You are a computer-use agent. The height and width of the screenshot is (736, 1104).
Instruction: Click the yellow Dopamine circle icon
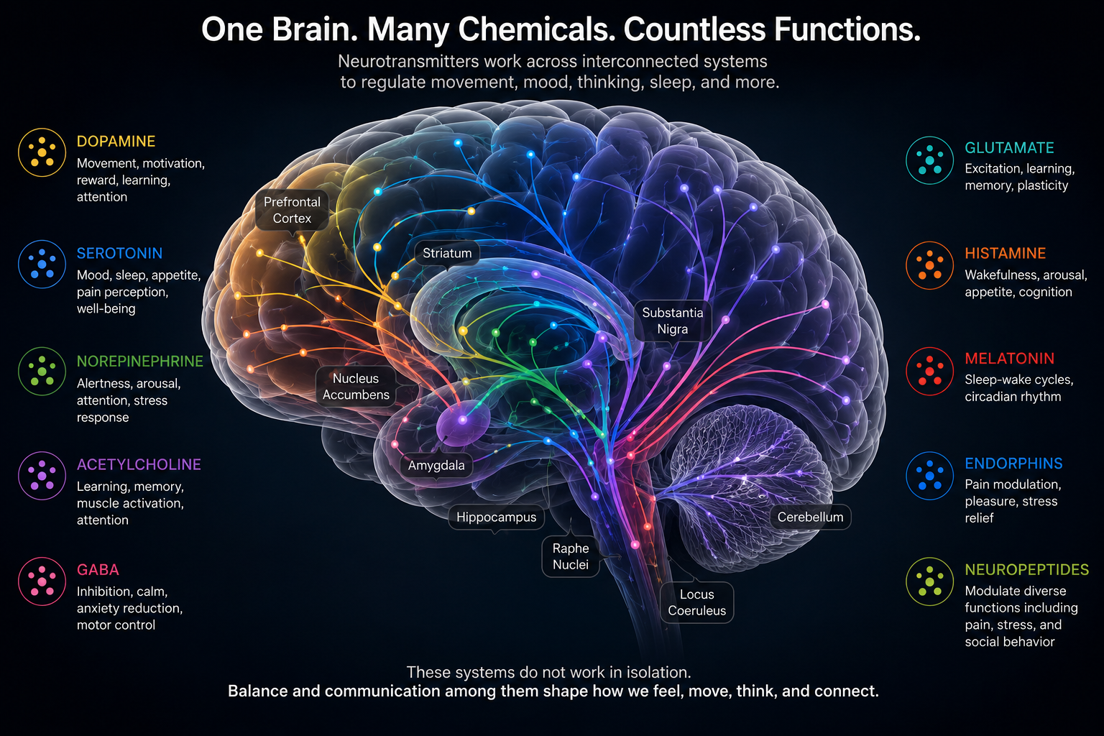coord(42,152)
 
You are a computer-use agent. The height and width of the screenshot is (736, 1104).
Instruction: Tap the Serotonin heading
coord(119,254)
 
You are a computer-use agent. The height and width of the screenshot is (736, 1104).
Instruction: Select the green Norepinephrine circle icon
coord(42,371)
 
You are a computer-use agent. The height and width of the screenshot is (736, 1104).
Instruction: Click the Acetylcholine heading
coord(139,464)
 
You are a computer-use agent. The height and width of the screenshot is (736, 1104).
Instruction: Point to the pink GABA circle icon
coord(42,581)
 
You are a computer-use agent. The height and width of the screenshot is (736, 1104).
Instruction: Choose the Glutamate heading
coord(1009,148)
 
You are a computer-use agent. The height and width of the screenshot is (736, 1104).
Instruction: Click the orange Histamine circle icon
coord(929,265)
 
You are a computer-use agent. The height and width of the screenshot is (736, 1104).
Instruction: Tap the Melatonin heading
coord(1009,359)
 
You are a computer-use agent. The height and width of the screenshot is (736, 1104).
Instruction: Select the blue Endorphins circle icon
coord(929,476)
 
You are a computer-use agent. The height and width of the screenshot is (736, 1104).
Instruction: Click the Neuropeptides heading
coord(1026,570)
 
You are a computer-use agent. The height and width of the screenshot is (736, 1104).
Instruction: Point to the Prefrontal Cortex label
coord(292,210)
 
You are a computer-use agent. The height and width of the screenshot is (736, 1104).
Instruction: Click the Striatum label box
coord(447,253)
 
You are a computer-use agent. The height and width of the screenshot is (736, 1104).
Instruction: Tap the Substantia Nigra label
coord(672,321)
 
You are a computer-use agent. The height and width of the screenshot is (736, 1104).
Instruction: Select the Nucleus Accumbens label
coord(356,387)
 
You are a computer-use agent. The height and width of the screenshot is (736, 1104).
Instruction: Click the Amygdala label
coord(436,465)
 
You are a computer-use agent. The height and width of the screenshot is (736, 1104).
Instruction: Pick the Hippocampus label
coord(497,517)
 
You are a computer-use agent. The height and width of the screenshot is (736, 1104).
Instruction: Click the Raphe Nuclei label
coord(571,556)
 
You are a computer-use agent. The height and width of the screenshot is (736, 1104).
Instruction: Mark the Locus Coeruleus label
coord(697,602)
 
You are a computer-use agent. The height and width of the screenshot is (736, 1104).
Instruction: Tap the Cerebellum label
coord(810,517)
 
